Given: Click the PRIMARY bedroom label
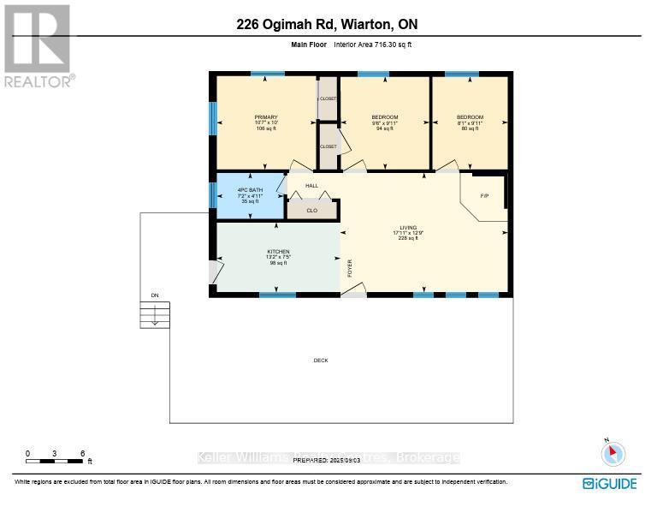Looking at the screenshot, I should click(x=266, y=117).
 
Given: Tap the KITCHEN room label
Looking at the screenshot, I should click(x=278, y=252).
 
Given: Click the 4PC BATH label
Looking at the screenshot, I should click(x=250, y=189).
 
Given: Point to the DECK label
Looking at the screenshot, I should click(x=321, y=361).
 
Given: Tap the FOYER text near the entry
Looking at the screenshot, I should click(x=349, y=268).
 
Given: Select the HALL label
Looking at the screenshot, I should click(x=311, y=186).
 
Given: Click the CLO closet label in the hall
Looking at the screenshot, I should click(x=311, y=209).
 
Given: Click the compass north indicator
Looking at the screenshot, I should click(x=613, y=453).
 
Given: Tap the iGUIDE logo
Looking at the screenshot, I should click(x=609, y=484).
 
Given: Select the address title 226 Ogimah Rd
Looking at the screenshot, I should click(x=328, y=25).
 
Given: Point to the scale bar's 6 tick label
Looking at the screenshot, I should click(x=82, y=453).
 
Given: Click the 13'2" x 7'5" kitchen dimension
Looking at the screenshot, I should click(x=278, y=257).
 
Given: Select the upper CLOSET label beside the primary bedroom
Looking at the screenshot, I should click(x=328, y=99).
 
